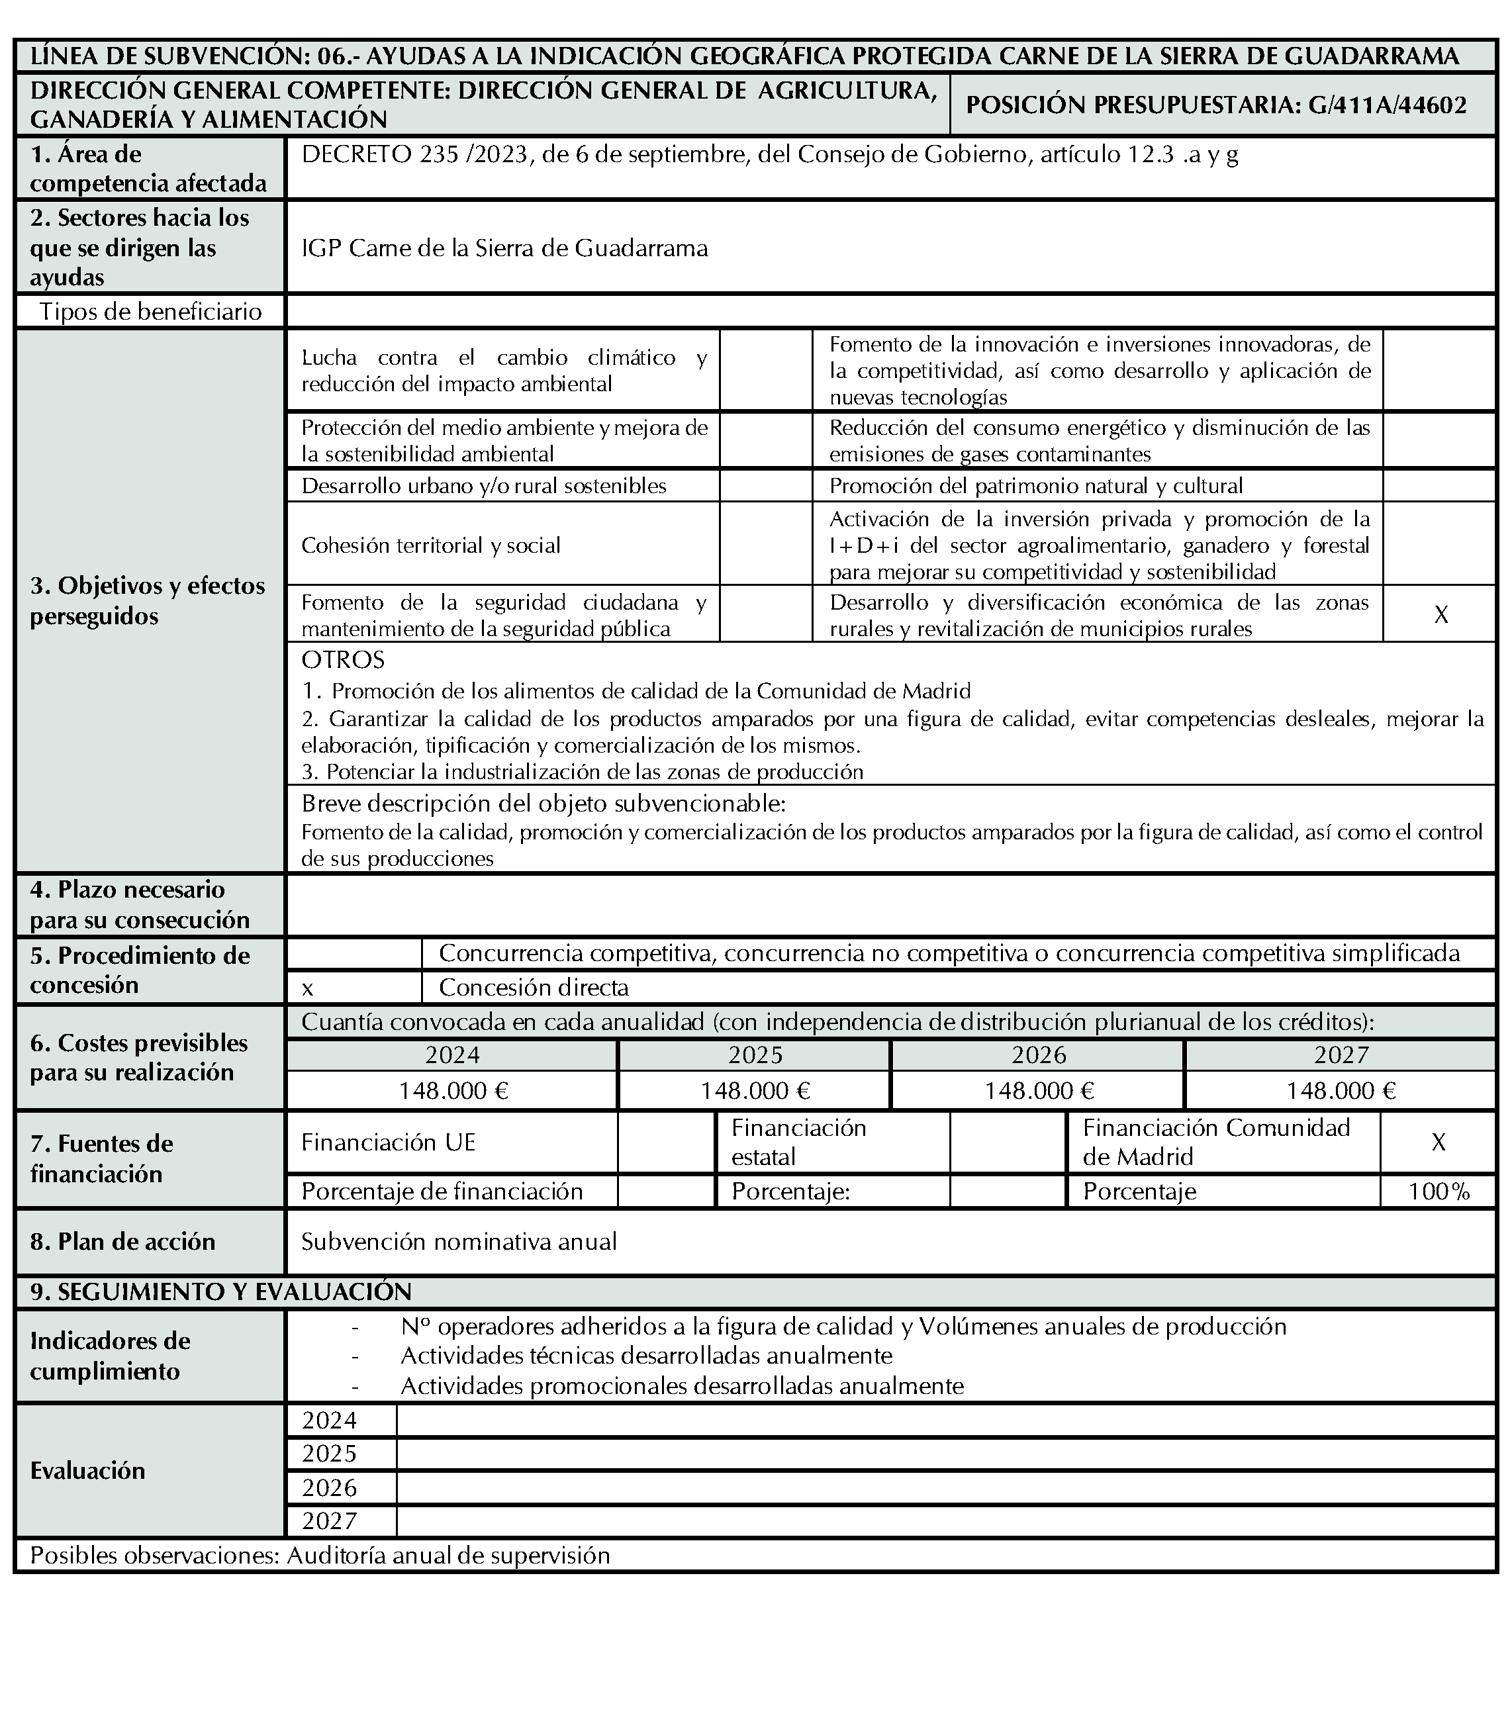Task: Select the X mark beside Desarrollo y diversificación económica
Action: (1441, 615)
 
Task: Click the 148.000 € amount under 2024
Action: (453, 1091)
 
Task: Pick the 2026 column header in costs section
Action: (1039, 1054)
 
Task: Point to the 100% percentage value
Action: (1439, 1192)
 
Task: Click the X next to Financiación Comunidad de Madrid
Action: (1439, 1143)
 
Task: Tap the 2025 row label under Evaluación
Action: (330, 1453)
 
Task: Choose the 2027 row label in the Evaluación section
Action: (330, 1520)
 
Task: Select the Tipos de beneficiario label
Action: (151, 311)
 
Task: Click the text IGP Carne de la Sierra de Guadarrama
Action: (504, 248)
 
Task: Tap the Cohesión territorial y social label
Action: (430, 545)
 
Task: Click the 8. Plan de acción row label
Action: (123, 1241)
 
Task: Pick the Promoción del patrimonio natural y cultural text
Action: (1036, 486)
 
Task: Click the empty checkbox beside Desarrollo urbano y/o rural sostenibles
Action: (766, 486)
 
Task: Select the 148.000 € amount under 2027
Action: (1341, 1091)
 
